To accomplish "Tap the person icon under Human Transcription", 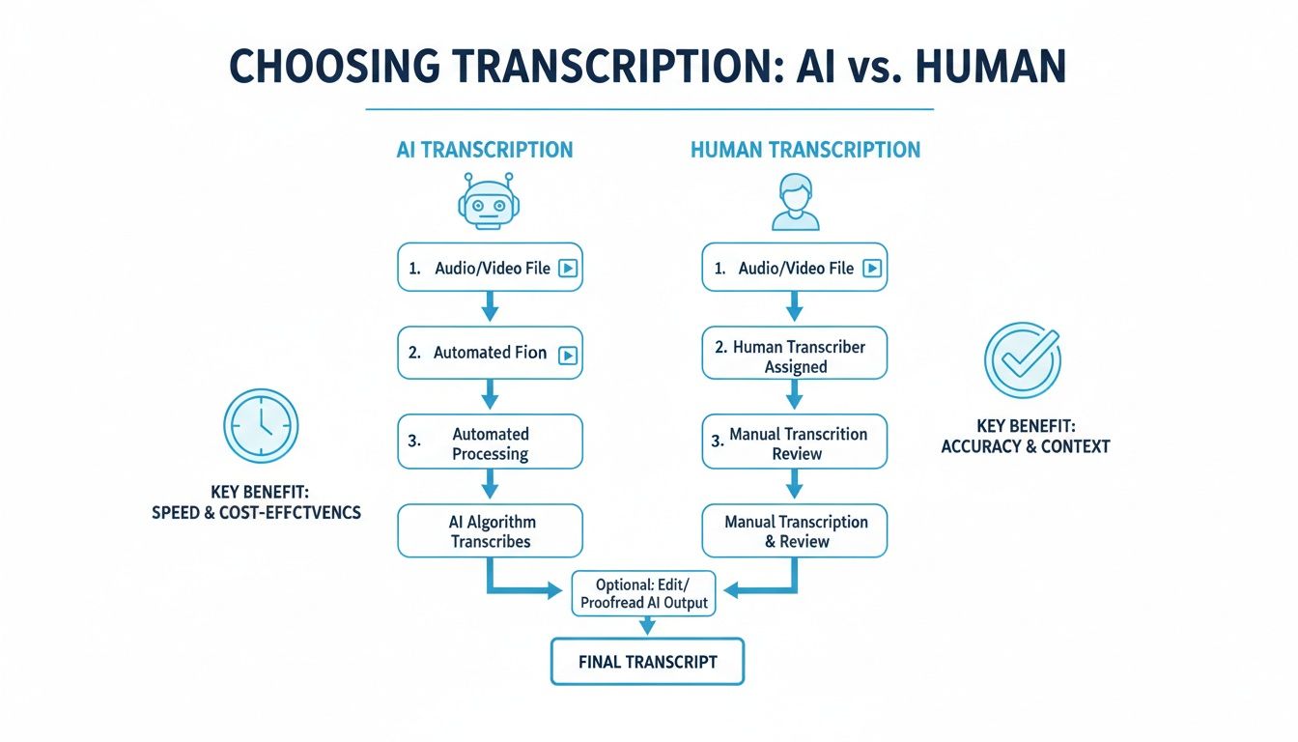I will [x=795, y=202].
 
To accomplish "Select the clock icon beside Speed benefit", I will [x=261, y=425].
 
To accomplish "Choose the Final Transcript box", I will [x=647, y=662].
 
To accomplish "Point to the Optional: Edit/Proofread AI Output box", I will [x=644, y=593].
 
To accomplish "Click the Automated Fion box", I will [x=491, y=354].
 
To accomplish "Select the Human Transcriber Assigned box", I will [x=795, y=357].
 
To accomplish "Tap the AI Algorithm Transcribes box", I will [x=491, y=531].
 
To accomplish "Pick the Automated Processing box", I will [x=491, y=443].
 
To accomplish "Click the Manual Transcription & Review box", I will [x=795, y=531].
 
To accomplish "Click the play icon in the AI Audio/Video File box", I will [x=568, y=269].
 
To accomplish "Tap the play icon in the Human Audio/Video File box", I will [x=871, y=269].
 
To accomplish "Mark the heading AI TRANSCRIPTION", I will [x=484, y=150].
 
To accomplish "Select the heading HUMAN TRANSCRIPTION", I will [x=805, y=150].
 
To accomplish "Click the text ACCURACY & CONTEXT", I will [x=1026, y=446].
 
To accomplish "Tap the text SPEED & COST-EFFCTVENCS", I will [x=256, y=512].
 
